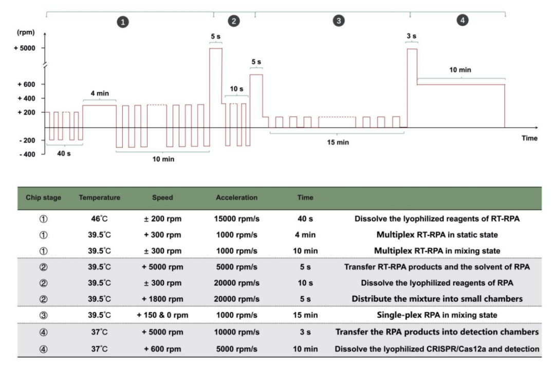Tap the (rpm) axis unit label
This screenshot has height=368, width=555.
(x=25, y=33)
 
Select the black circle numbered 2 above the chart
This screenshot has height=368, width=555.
(x=234, y=21)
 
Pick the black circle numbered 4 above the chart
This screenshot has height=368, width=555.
(x=463, y=21)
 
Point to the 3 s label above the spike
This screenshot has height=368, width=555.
(x=412, y=36)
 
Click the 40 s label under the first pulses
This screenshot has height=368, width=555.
(x=64, y=153)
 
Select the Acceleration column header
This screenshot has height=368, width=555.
(x=237, y=198)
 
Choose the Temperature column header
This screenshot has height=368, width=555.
(x=100, y=198)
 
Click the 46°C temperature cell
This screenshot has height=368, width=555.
(x=100, y=218)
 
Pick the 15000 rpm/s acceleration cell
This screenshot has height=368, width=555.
(x=237, y=218)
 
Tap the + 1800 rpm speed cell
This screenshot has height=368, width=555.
(x=162, y=298)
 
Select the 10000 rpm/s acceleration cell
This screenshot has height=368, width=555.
(x=237, y=332)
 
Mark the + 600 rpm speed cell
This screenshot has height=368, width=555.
(x=162, y=349)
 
